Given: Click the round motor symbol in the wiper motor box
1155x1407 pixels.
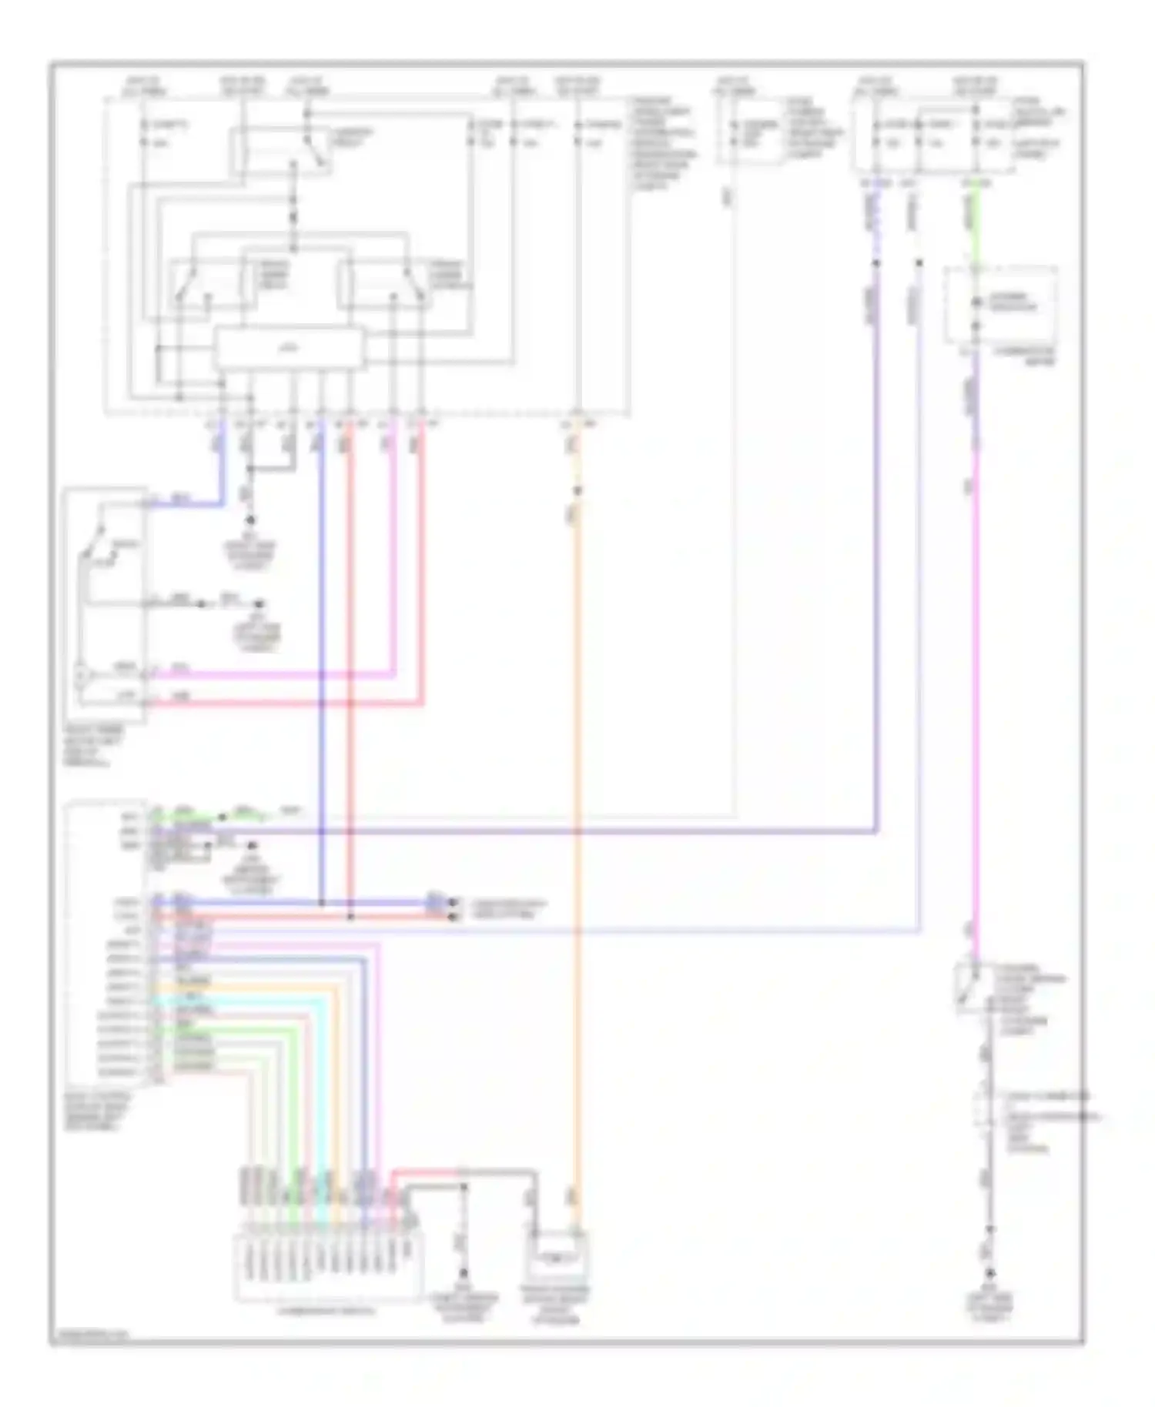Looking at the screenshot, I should point(82,677).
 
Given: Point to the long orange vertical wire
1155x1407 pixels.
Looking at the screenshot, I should point(577,847).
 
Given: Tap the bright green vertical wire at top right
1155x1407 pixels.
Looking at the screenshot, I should point(976,227).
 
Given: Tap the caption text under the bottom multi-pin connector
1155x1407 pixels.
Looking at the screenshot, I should point(328,1310).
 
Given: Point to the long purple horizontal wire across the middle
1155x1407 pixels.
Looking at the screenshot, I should point(539,832).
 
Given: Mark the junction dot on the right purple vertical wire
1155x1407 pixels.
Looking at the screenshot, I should point(875,263).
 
